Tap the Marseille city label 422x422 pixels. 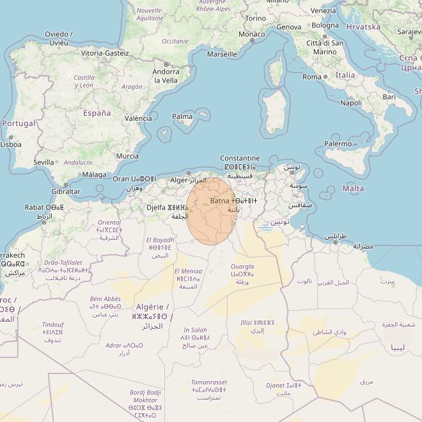(222, 54)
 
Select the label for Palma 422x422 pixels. (182, 116)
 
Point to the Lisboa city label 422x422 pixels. (11, 145)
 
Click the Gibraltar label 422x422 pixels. (66, 191)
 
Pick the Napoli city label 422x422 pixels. (351, 103)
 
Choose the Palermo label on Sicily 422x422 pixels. (338, 144)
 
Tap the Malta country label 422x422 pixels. (354, 189)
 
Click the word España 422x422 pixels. (97, 113)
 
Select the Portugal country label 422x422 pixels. (19, 123)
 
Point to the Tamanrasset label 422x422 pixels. (208, 382)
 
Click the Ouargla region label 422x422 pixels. (242, 267)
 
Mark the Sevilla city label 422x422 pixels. (43, 162)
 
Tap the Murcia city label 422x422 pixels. (127, 156)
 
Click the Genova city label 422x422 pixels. (288, 27)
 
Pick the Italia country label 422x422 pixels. (345, 75)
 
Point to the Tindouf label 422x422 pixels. (53, 324)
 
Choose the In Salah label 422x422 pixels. (195, 330)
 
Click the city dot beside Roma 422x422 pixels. (325, 77)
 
